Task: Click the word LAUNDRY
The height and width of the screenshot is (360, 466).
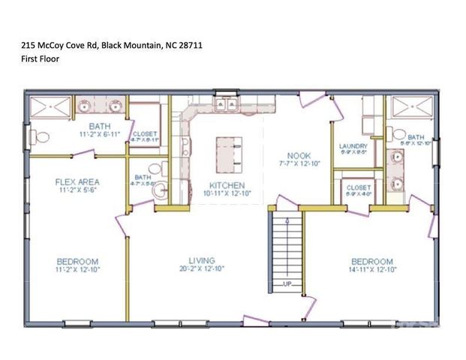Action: [x=353, y=146]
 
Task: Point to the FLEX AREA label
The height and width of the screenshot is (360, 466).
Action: [x=78, y=181]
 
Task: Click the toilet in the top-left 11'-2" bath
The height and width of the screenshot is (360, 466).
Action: [x=41, y=137]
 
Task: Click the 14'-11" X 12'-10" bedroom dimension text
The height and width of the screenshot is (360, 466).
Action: [x=373, y=269]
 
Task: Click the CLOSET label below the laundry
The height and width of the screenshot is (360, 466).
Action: [x=355, y=188]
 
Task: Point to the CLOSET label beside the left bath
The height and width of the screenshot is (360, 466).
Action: [x=145, y=133]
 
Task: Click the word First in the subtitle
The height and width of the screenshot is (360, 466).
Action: [x=29, y=58]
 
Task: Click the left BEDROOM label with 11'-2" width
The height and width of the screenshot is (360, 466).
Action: [x=78, y=261]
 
